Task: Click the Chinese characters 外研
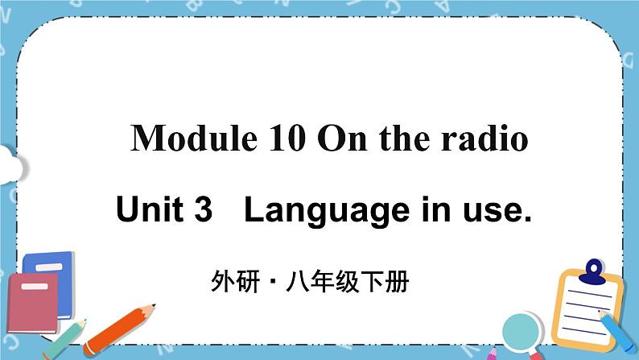[225, 283]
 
